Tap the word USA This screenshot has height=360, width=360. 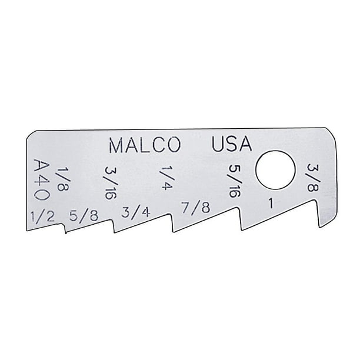[231, 145]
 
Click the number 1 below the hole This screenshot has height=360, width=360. [270, 204]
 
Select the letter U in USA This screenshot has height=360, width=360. [218, 145]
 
